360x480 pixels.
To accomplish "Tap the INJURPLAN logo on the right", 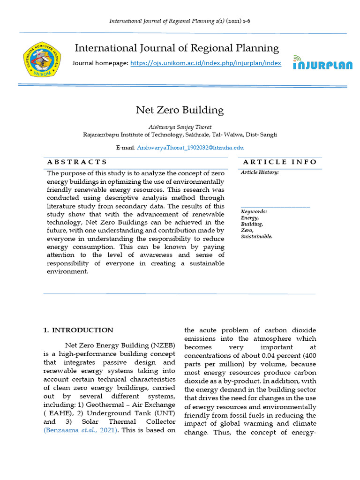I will pyautogui.click(x=322, y=63).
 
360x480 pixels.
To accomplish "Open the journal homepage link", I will pyautogui.click(x=205, y=63).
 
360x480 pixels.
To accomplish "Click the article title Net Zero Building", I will pyautogui.click(x=180, y=110).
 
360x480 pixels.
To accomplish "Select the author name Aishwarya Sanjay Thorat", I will pyautogui.click(x=180, y=127).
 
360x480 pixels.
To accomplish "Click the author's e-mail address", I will pyautogui.click(x=190, y=147).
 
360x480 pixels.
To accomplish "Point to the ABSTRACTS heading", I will pyautogui.click(x=77, y=162).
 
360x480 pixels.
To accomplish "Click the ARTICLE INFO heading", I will pyautogui.click(x=280, y=162).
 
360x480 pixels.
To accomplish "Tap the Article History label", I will pyautogui.click(x=260, y=172).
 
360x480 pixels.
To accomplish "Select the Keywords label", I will pyautogui.click(x=254, y=212).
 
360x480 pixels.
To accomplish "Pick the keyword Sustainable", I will pyautogui.click(x=256, y=237).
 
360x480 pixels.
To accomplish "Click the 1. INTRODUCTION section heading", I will pyautogui.click(x=78, y=330).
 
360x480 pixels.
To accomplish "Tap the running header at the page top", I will pyautogui.click(x=180, y=21).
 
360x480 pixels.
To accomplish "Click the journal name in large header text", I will pyautogui.click(x=177, y=48).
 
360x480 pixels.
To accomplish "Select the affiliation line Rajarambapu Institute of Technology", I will pyautogui.click(x=180, y=135).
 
